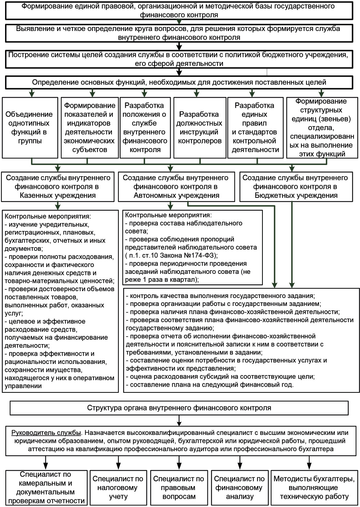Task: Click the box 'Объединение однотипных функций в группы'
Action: point(30,128)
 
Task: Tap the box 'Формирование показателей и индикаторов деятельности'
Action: point(90,128)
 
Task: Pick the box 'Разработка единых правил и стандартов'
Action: point(254,128)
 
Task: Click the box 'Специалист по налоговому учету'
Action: point(118,488)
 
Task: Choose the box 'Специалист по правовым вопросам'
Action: point(179,488)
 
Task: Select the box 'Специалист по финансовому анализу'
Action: point(239,488)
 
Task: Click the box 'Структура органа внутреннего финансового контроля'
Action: point(179,408)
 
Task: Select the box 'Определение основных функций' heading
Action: point(179,83)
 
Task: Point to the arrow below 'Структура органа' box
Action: point(179,420)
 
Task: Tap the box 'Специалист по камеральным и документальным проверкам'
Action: point(46,488)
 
